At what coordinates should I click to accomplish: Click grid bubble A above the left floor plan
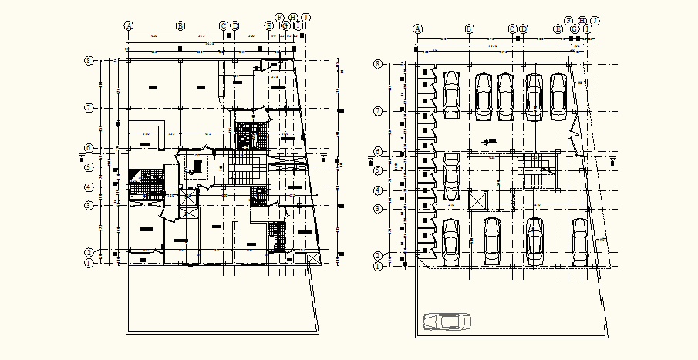[x=130, y=25]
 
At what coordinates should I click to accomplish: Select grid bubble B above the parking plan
[x=468, y=29]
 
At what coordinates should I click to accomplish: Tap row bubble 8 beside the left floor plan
[x=89, y=60]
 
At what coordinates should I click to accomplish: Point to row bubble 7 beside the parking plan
[x=378, y=111]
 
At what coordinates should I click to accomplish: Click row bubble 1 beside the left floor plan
[x=89, y=263]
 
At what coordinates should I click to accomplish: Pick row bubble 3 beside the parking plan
[x=378, y=208]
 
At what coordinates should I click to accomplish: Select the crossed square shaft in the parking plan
[x=478, y=200]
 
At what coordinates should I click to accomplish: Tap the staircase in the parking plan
[x=530, y=170]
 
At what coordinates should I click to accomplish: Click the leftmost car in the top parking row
[x=451, y=95]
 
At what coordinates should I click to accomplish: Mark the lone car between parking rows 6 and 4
[x=451, y=176]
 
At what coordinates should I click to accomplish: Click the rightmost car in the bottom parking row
[x=580, y=241]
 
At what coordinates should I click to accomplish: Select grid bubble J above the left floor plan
[x=306, y=17]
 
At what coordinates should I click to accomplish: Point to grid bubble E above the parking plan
[x=558, y=29]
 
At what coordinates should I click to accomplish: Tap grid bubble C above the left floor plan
[x=224, y=25]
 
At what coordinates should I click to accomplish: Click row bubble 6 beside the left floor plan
[x=89, y=148]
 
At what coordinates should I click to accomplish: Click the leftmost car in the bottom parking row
[x=451, y=241]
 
